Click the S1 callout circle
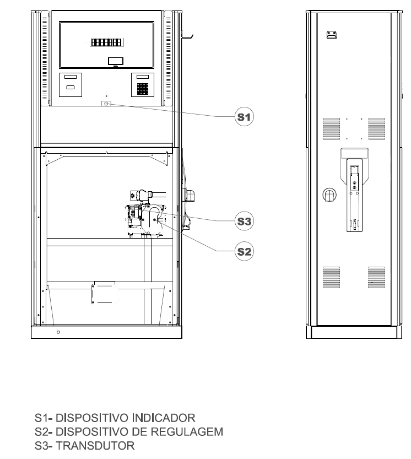pyautogui.click(x=244, y=116)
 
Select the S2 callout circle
pyautogui.click(x=244, y=251)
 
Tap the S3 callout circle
pyautogui.click(x=244, y=221)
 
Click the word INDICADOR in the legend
pyautogui.click(x=164, y=418)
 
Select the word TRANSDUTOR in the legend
pyautogui.click(x=95, y=446)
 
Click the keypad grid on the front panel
pyautogui.click(x=143, y=89)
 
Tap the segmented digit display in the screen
pyautogui.click(x=107, y=42)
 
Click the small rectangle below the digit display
pyautogui.click(x=116, y=61)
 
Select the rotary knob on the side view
pyautogui.click(x=329, y=195)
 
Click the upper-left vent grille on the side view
pyautogui.click(x=331, y=128)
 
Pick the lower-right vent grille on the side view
pyautogui.click(x=376, y=277)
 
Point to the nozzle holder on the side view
pyautogui.click(x=354, y=190)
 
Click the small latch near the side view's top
pyautogui.click(x=331, y=35)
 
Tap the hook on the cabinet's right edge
pyautogui.click(x=187, y=35)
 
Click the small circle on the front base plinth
pyautogui.click(x=58, y=332)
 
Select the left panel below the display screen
pyautogui.click(x=71, y=85)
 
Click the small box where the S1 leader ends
pyautogui.click(x=106, y=104)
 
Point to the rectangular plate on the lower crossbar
pyautogui.click(x=105, y=293)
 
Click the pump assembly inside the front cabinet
pyautogui.click(x=145, y=213)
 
